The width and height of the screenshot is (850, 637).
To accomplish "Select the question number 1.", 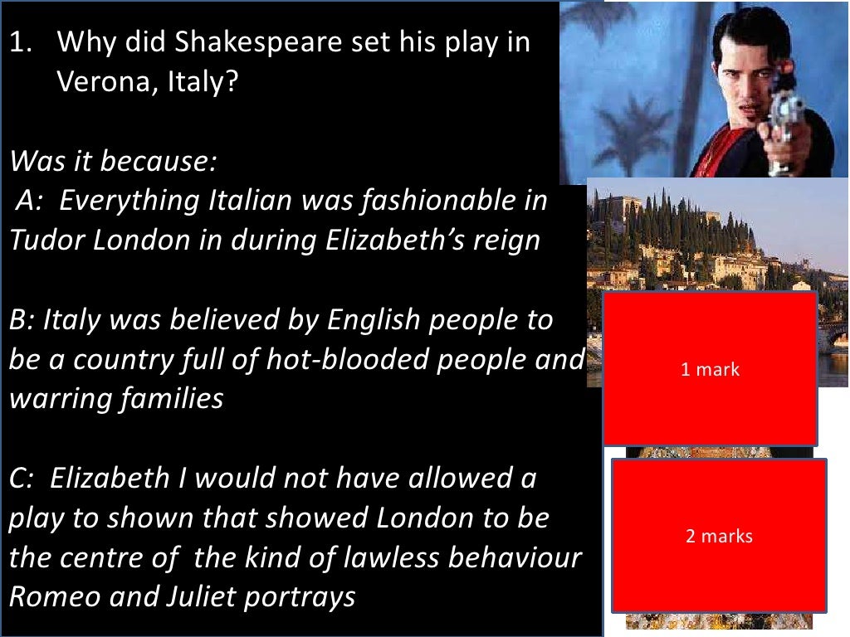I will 20,42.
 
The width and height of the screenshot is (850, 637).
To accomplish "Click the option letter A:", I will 32,201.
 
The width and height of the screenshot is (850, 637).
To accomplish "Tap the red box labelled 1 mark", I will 710,369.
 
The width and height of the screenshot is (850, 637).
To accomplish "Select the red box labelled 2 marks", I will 719,536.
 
